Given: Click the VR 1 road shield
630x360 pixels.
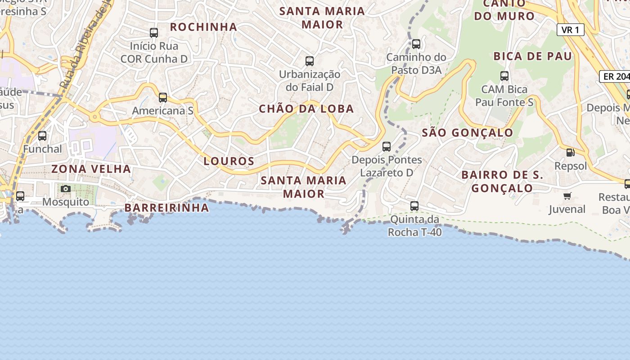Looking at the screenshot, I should pos(570,30).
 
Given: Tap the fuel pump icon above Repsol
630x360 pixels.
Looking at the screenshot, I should pos(570,152).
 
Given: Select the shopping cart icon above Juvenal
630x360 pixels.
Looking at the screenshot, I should pos(567,196).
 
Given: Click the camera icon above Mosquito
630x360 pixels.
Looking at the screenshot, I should pos(66,189).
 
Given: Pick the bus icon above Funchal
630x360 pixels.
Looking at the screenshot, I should pos(42,135).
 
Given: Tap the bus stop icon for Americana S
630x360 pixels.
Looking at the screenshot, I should pos(163,97).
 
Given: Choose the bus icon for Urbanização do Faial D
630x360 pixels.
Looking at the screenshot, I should pos(310,61).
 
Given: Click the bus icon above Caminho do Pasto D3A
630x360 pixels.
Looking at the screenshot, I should pos(416,44).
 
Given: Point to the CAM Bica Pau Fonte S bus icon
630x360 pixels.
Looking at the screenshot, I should pos(504,76).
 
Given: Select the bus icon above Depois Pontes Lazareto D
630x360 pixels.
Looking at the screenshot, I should pos(387,146).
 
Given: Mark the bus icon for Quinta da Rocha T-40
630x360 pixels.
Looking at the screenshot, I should pos(414,206).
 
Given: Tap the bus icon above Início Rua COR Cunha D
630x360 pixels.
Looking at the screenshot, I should pos(154,33).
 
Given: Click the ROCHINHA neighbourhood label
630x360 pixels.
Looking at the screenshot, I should pos(203,27).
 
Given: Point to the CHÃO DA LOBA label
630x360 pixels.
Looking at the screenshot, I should pos(306,109).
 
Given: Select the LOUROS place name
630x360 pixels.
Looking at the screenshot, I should pos(229,161).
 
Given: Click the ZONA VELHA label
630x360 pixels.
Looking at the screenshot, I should pos(91,169).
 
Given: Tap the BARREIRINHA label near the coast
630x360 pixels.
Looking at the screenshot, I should pos(166,208).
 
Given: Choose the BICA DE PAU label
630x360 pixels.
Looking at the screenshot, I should pos(533,56).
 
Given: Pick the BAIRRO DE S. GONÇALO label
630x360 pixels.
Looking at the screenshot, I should pos(502,181).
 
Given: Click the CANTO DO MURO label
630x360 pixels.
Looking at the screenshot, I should pos(504,11).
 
